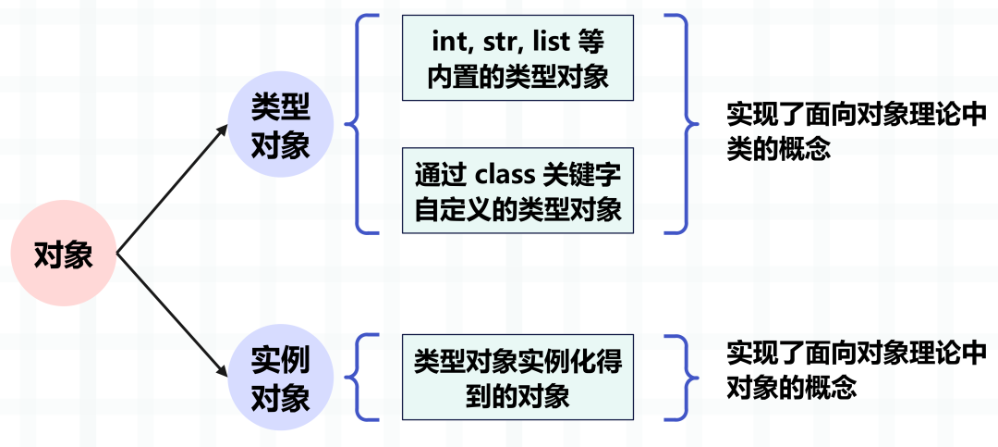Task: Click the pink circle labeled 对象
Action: click(64, 254)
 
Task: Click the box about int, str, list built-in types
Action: click(517, 58)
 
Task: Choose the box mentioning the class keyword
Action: click(517, 191)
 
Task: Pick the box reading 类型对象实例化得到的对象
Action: click(517, 377)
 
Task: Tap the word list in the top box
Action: click(541, 43)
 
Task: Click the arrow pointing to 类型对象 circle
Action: click(173, 188)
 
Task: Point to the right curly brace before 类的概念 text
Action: click(681, 124)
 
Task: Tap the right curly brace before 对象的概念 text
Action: click(681, 377)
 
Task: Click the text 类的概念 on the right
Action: click(779, 151)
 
